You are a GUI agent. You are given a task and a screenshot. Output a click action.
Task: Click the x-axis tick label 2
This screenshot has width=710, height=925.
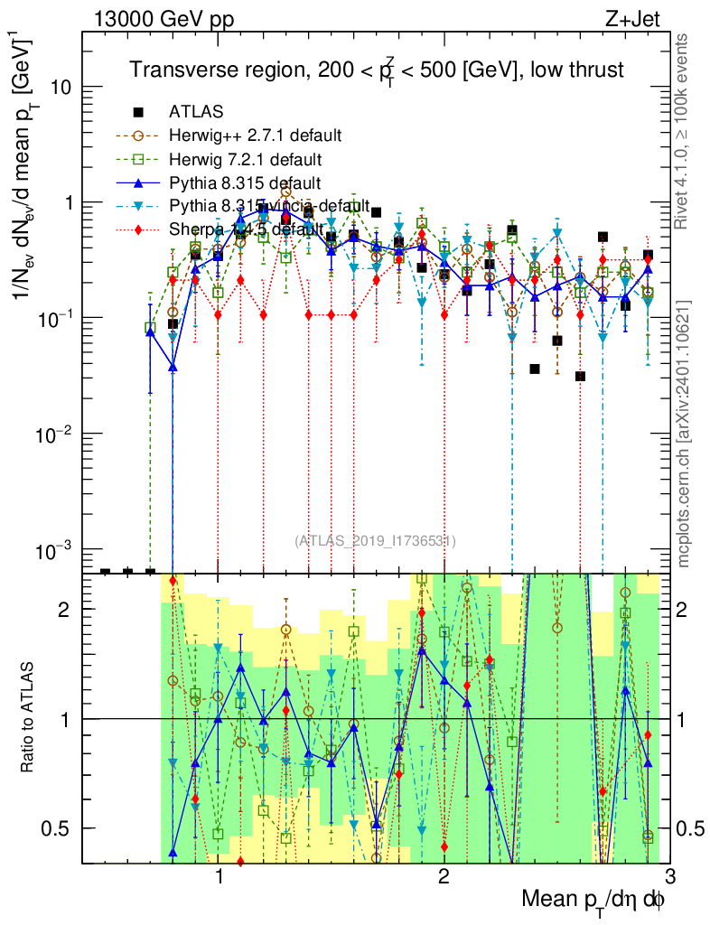(444, 877)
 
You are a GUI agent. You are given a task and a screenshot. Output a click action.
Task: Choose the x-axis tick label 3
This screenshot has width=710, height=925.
(668, 877)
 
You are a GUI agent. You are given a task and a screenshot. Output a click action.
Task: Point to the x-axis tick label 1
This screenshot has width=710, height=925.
(219, 877)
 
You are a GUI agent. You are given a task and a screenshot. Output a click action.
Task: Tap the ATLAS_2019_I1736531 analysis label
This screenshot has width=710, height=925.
(375, 541)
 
